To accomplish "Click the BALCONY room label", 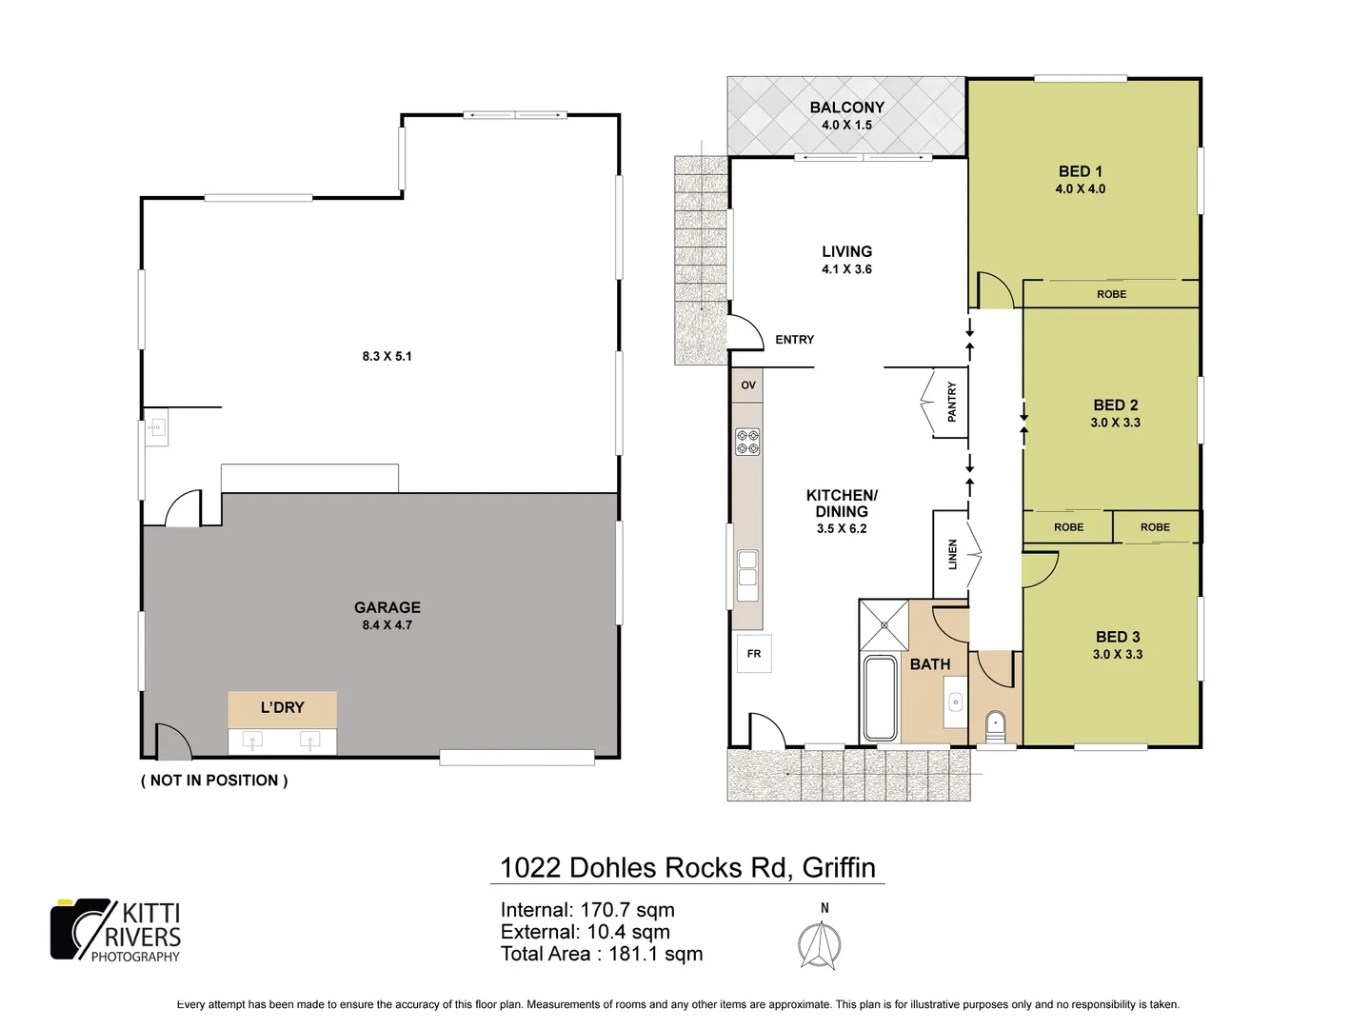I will click(x=846, y=108).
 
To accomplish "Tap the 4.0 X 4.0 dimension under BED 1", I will click(x=1080, y=189).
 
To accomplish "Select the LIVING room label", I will click(x=846, y=251).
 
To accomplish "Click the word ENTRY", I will click(x=794, y=340).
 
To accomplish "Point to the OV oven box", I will click(x=748, y=385).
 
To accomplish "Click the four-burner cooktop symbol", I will click(x=747, y=442).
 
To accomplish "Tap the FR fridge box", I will click(x=754, y=654).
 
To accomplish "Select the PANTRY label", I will click(x=951, y=402).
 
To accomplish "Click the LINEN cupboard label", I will click(x=952, y=554).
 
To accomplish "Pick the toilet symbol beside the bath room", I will click(x=995, y=725).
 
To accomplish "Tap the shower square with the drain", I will click(x=884, y=624).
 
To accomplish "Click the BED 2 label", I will click(x=1115, y=405).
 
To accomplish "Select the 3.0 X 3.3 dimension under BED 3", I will click(x=1118, y=655).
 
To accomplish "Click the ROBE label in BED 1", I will click(x=1111, y=295).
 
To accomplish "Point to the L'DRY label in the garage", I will click(x=282, y=707).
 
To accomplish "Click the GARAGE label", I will click(x=387, y=607).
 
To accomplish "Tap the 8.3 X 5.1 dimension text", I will click(x=387, y=356).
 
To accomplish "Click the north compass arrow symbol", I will click(x=819, y=946).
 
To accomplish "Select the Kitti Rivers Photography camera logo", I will click(x=82, y=929).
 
